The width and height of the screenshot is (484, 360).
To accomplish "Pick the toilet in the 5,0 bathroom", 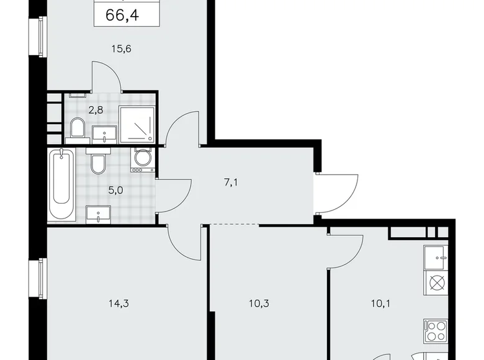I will [97, 164].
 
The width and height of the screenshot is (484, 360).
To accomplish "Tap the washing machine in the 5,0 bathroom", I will [142, 159].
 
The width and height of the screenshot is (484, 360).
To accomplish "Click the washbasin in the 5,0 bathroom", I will [99, 214].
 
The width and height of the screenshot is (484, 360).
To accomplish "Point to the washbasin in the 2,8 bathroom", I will [104, 132].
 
